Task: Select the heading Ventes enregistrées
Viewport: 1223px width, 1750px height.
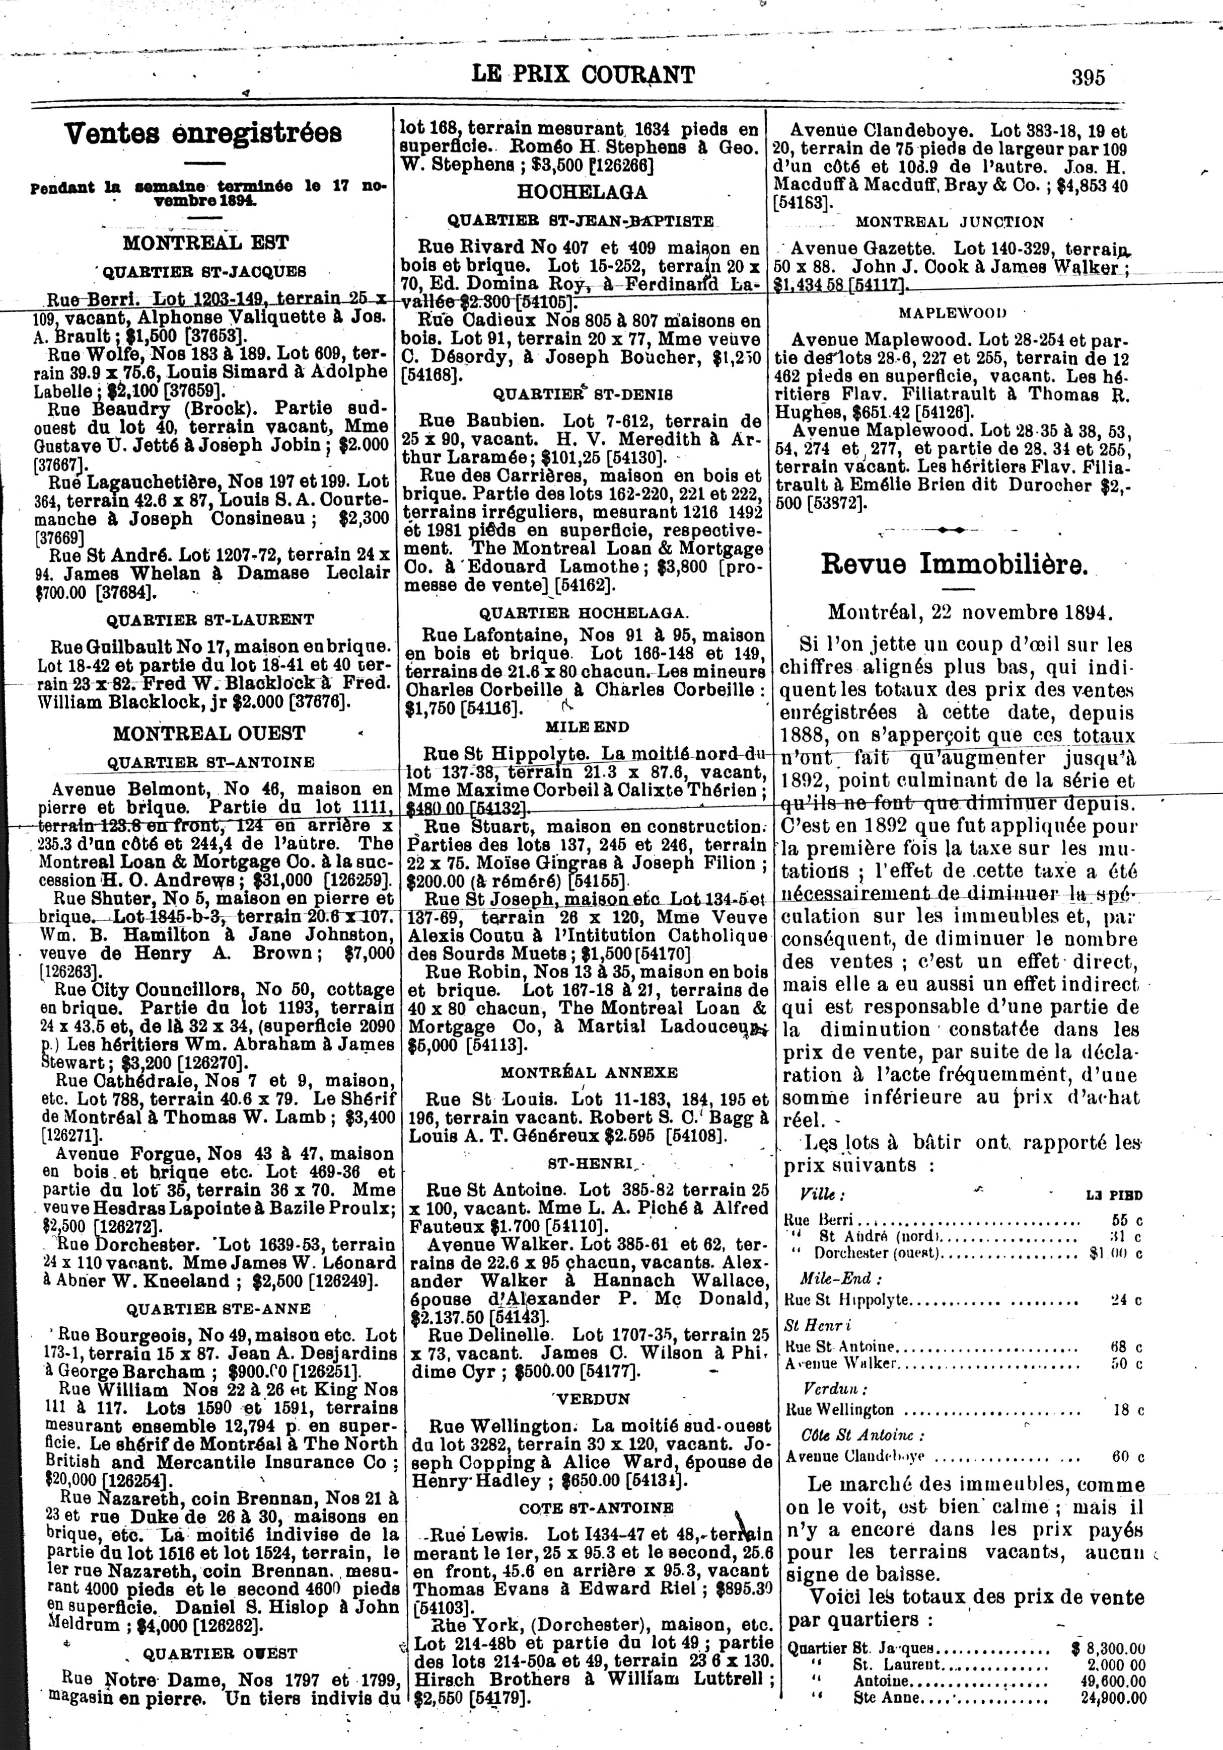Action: (203, 134)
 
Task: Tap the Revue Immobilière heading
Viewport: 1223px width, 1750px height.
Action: (955, 564)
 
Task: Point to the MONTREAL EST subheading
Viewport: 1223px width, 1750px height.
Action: (206, 243)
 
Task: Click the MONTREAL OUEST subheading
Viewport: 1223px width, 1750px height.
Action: (209, 733)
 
